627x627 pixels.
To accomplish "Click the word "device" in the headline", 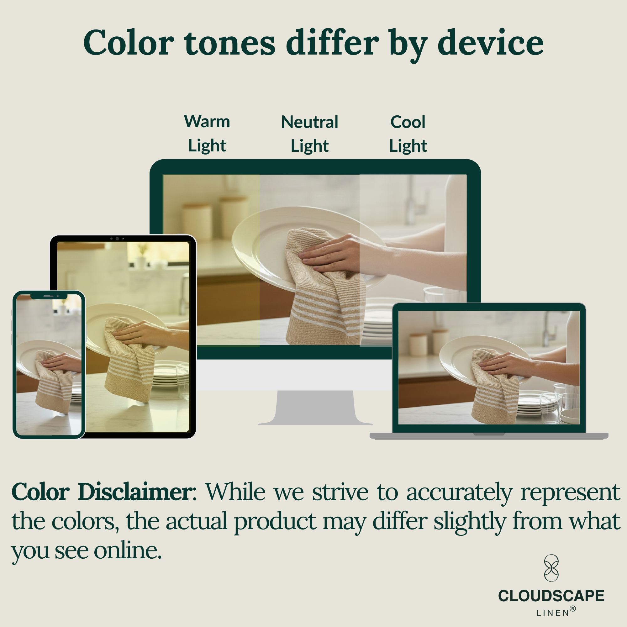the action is (490, 43).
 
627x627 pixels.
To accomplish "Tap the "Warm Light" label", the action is (207, 133).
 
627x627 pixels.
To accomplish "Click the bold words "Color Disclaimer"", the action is (102, 492).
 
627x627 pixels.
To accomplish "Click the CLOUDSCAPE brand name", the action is (551, 596).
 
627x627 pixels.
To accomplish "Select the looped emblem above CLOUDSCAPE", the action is (551, 568).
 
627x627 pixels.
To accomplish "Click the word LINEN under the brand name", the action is (553, 613).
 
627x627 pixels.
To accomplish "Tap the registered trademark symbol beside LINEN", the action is (573, 609).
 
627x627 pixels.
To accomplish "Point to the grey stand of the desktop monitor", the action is (315, 408).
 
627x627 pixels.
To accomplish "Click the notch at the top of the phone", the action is (49, 296).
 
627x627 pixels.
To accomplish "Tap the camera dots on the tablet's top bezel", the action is (117, 239).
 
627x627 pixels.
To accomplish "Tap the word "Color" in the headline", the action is (129, 43).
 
